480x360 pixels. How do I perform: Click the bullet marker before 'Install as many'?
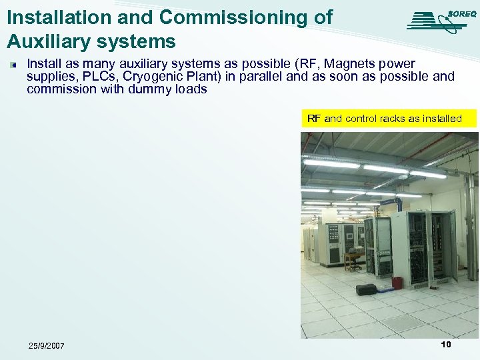[x=12, y=65]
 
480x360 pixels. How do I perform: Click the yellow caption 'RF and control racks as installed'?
[x=384, y=119]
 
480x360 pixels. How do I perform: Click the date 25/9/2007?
[x=47, y=345]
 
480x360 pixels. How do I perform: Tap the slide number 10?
[x=445, y=345]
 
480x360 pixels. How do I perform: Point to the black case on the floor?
[x=367, y=289]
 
